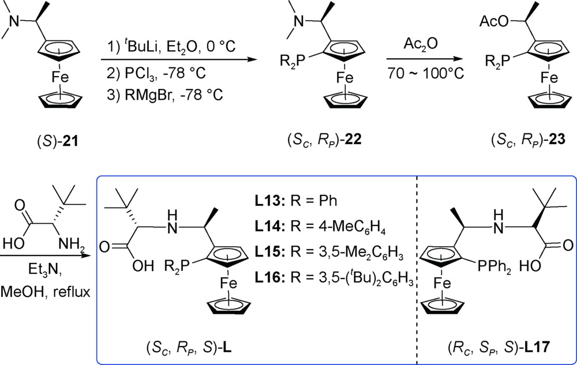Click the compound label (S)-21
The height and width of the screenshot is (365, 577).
(x=58, y=141)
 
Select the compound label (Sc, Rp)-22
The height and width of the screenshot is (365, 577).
(x=324, y=140)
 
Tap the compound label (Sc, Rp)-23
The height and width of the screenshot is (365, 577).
(x=528, y=140)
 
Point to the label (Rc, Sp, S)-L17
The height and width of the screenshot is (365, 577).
(x=499, y=347)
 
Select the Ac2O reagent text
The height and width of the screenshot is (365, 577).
(x=421, y=44)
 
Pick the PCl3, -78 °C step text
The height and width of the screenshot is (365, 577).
(x=156, y=73)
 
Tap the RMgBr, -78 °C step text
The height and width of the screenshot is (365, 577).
(x=164, y=95)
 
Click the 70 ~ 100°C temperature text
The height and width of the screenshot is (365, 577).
(x=425, y=73)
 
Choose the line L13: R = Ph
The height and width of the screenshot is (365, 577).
(x=295, y=201)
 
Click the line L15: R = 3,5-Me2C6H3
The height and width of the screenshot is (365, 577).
(x=329, y=254)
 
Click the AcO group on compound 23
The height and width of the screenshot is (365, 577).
(x=493, y=22)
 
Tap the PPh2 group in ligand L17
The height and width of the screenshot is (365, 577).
(x=494, y=267)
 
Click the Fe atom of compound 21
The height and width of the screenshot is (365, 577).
(x=59, y=77)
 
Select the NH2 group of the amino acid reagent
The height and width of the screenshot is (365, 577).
(x=71, y=244)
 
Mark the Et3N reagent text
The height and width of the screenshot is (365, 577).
(x=45, y=270)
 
